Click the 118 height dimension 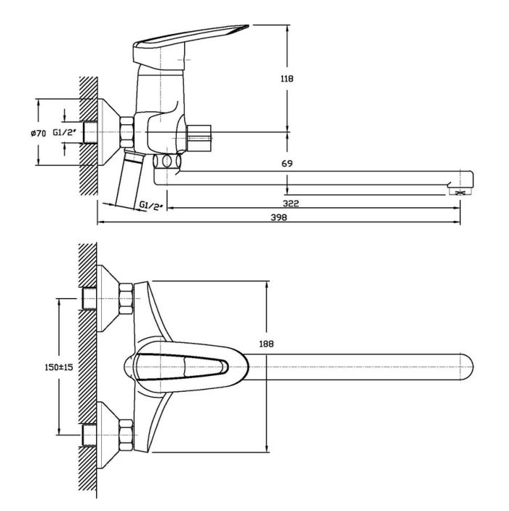(287, 79)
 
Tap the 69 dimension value (287, 164)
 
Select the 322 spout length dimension (291, 204)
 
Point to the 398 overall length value (278, 217)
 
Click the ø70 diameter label (39, 133)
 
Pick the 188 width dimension (266, 344)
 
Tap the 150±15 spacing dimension (59, 367)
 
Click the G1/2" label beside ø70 (64, 132)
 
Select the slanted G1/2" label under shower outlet (151, 206)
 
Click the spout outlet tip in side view (460, 193)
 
